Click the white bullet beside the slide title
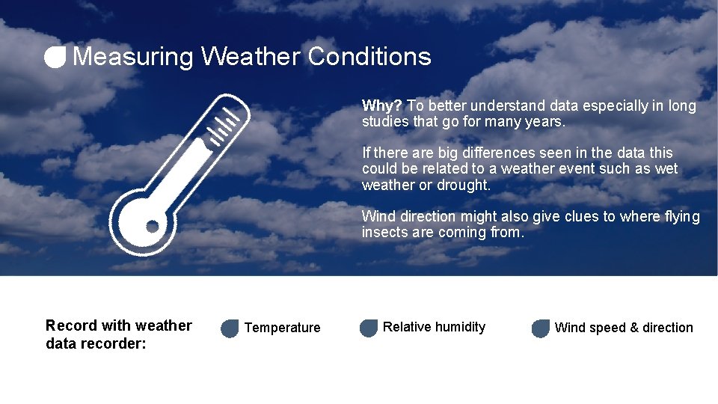click(55, 57)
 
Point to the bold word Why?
click(381, 106)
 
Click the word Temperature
click(282, 328)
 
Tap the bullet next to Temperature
click(230, 328)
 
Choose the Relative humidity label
click(434, 327)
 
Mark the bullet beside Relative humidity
click(369, 328)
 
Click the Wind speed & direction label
click(624, 328)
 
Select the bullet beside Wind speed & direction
click(540, 328)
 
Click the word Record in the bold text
click(72, 325)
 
